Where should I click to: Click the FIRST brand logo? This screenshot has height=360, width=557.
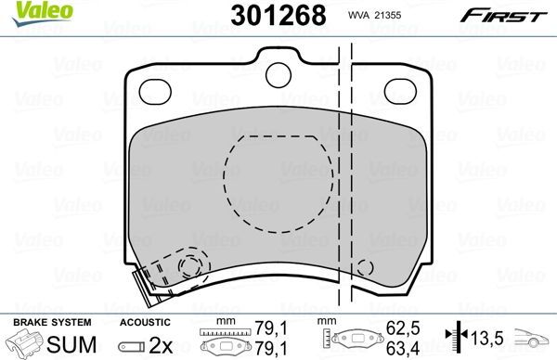click(x=512, y=16)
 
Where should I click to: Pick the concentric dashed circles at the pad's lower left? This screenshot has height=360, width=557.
click(x=192, y=266)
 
